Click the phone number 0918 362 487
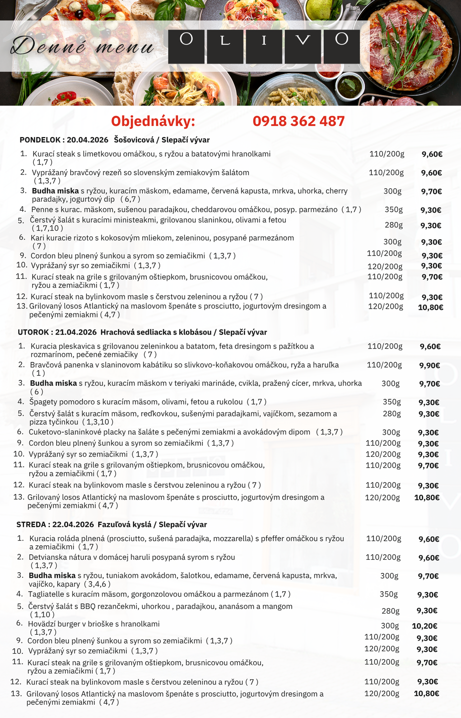point(298,121)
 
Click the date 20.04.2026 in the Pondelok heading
point(87,140)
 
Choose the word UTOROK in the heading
point(33,332)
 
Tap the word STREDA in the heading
point(31,524)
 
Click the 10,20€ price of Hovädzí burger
point(424,626)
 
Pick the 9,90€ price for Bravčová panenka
point(429,365)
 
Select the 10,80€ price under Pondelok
point(430,307)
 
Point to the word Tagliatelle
point(46,594)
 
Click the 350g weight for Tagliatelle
point(388,594)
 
